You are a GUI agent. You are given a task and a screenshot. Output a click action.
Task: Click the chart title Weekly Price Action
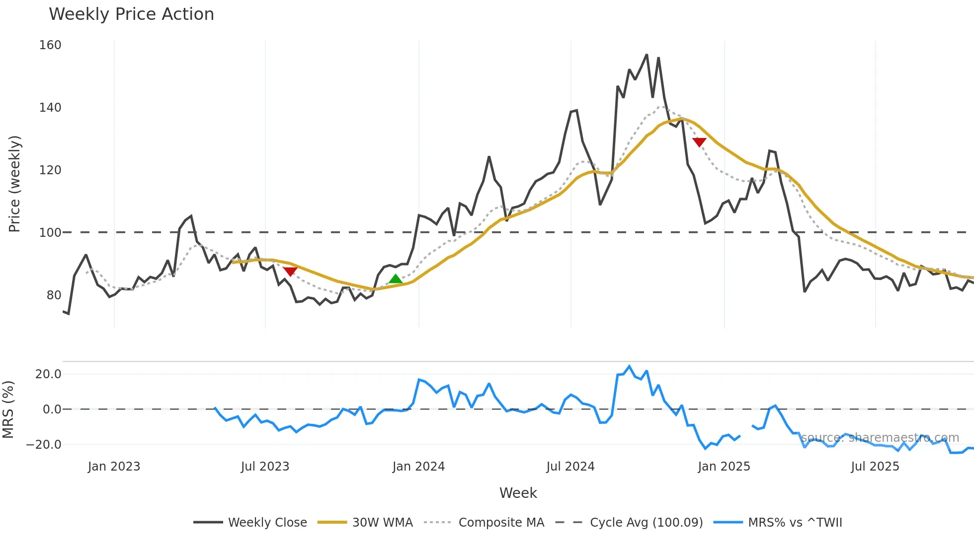pos(131,14)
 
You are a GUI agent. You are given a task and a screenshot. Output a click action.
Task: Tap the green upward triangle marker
pos(396,279)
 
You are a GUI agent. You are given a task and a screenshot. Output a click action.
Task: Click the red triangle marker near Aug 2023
pos(290,272)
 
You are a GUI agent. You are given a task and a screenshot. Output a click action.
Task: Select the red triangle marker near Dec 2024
pos(699,142)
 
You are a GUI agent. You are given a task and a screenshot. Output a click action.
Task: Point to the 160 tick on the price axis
pos(50,45)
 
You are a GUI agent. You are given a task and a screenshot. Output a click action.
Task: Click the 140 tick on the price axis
pos(50,108)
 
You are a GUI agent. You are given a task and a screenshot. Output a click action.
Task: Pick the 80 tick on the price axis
pos(54,295)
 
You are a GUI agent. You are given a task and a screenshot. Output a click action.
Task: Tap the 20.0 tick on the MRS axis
pos(48,374)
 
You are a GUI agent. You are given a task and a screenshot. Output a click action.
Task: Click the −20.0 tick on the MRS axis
pos(44,445)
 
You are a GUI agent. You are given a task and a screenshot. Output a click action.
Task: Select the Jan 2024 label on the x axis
pos(418,467)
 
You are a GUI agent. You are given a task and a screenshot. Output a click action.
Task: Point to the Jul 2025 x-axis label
pos(875,467)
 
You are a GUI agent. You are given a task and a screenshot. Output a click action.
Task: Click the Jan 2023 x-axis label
pos(114,467)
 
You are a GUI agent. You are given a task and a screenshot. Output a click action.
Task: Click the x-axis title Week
pos(518,493)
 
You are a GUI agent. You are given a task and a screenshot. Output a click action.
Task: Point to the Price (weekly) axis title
pos(14,184)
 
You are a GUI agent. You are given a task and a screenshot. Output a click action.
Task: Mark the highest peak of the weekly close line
pos(647,55)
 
